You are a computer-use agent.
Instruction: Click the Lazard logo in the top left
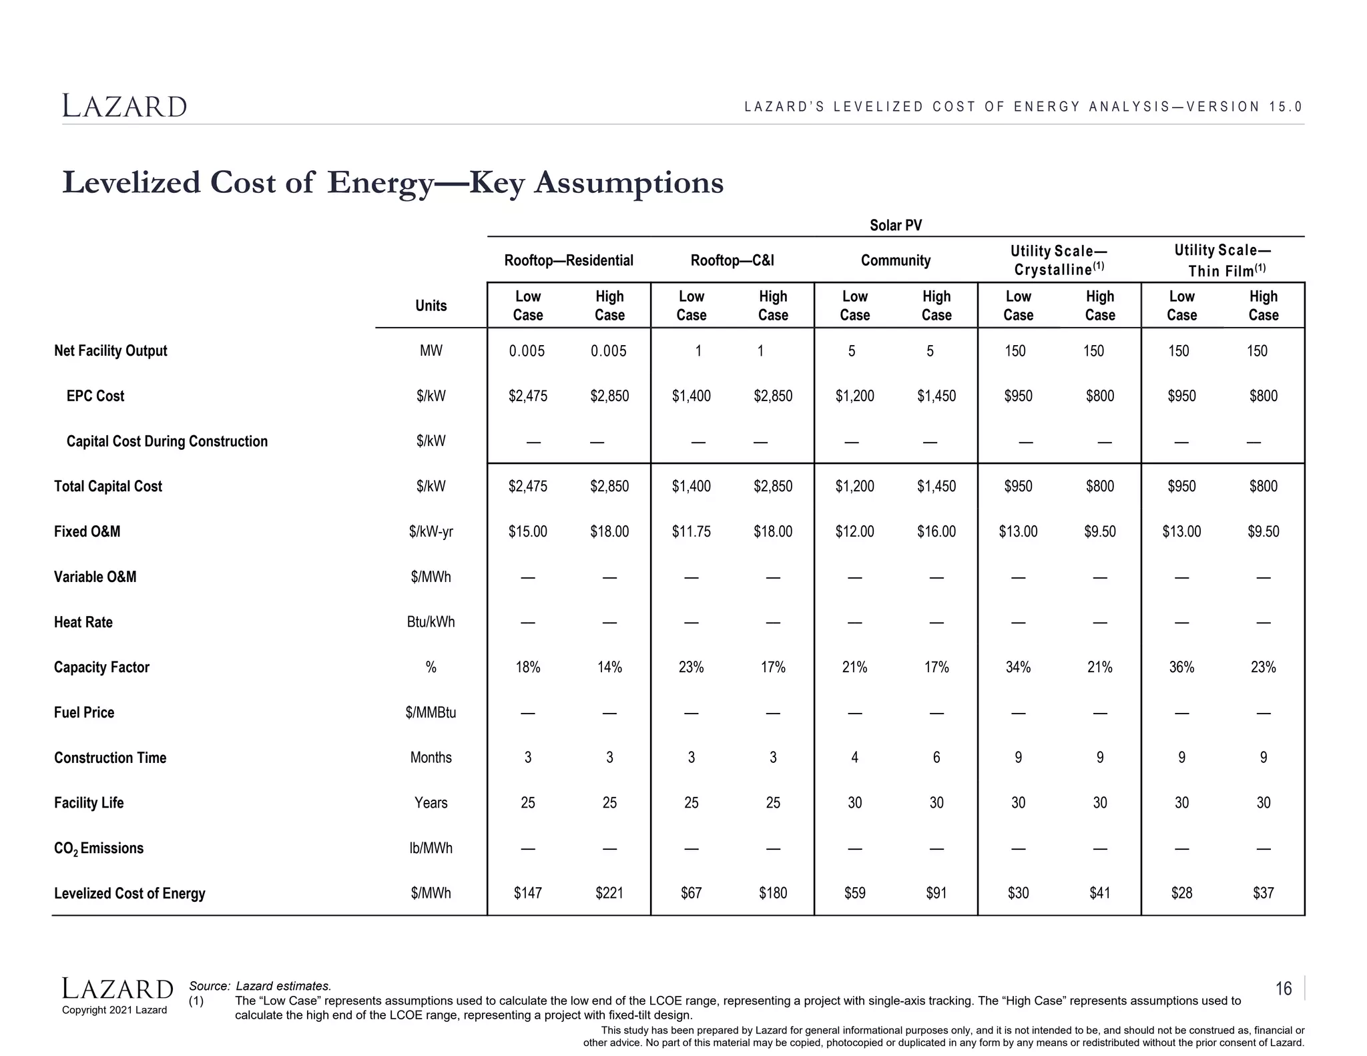click(x=125, y=107)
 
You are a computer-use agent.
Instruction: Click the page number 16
click(x=1283, y=989)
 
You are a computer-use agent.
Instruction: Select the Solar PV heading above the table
click(x=895, y=226)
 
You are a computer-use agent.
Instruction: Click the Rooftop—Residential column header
click(x=569, y=260)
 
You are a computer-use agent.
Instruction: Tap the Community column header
click(x=895, y=260)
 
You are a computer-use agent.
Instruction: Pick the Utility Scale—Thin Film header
click(x=1222, y=260)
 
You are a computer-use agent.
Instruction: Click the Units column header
click(x=431, y=306)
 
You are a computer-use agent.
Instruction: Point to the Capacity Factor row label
click(x=101, y=668)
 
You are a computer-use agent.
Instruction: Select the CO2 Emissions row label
click(x=98, y=848)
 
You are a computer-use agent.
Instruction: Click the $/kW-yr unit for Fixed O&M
click(x=431, y=532)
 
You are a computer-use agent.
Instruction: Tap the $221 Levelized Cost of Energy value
click(x=609, y=893)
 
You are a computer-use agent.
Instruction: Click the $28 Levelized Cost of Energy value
click(x=1181, y=893)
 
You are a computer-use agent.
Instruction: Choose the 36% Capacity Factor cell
click(x=1181, y=668)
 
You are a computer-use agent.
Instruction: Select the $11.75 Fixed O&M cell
click(x=691, y=532)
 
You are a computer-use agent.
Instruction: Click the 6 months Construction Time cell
click(x=936, y=758)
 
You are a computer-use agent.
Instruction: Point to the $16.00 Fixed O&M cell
click(x=936, y=532)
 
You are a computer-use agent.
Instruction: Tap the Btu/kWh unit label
click(x=431, y=622)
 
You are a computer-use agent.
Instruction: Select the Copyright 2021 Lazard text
click(x=114, y=1010)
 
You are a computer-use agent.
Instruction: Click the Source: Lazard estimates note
click(x=260, y=986)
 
